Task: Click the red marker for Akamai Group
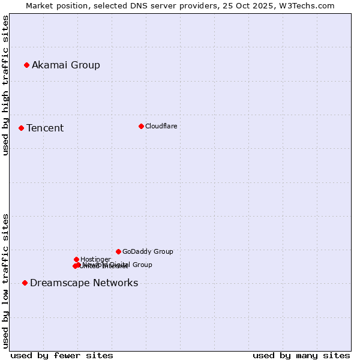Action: point(26,65)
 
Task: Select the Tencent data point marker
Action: point(21,128)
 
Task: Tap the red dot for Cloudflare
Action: point(141,126)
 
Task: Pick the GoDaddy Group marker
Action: point(118,251)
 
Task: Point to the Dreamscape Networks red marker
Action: point(25,283)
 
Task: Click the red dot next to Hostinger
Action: point(76,259)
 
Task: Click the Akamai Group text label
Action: point(66,65)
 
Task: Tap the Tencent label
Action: point(45,128)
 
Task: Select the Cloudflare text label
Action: point(161,126)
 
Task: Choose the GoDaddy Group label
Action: point(148,251)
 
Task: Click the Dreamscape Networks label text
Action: point(84,283)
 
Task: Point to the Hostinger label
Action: point(95,259)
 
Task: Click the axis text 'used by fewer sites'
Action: point(62,355)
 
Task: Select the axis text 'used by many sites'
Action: point(301,355)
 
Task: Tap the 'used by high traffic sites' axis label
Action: point(5,85)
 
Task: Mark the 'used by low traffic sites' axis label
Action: point(5,280)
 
